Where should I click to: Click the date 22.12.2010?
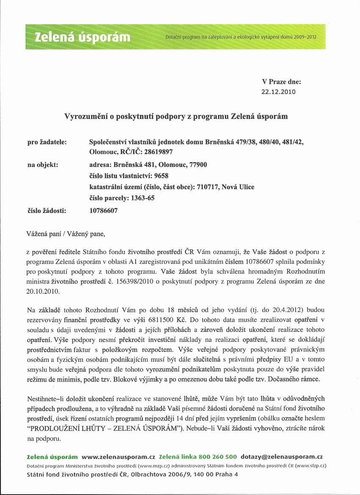click(x=280, y=91)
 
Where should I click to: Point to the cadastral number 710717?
click(x=207, y=187)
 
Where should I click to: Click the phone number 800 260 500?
click(x=219, y=457)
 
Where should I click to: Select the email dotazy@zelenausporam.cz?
click(x=282, y=457)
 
